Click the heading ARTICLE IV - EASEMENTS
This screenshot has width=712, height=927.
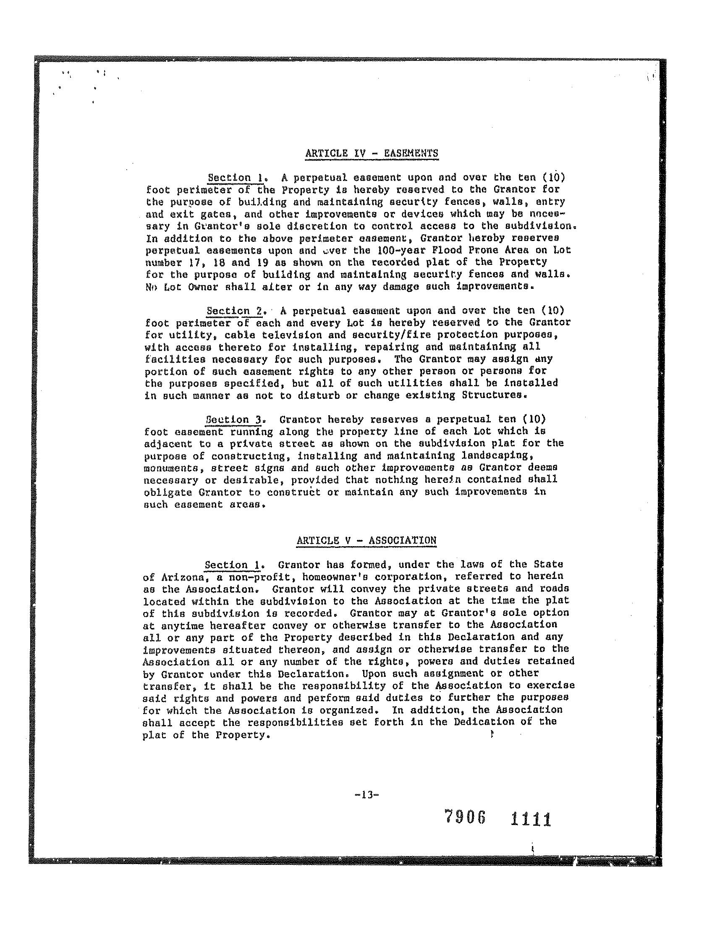(371, 153)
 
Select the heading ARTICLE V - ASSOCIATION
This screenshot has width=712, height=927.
(366, 540)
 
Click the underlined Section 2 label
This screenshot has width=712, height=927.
(234, 311)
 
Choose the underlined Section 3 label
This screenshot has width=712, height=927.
(234, 420)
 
